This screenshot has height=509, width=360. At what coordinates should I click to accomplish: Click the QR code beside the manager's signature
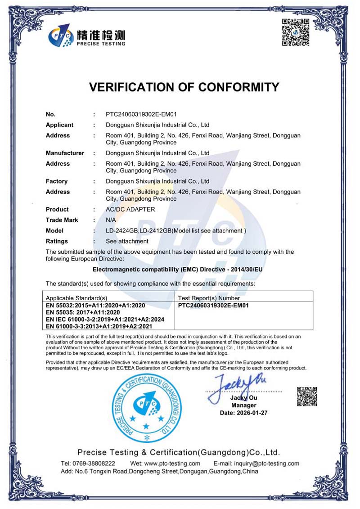[x=307, y=396]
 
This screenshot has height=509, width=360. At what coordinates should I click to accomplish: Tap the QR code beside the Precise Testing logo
[x=296, y=32]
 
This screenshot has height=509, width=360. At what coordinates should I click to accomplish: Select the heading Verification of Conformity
[x=184, y=87]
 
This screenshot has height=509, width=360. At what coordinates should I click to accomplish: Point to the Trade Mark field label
[x=62, y=220]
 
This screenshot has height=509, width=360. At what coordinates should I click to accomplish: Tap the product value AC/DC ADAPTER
[x=130, y=209]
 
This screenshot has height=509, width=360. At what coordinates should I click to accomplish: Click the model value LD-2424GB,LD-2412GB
[x=139, y=231]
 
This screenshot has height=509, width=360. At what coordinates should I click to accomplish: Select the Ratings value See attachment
[x=127, y=241]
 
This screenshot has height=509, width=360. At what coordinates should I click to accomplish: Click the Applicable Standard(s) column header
[x=76, y=298]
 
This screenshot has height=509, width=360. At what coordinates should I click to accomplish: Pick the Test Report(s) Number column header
[x=209, y=298]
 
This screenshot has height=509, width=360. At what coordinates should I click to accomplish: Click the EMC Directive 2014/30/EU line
[x=177, y=270]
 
